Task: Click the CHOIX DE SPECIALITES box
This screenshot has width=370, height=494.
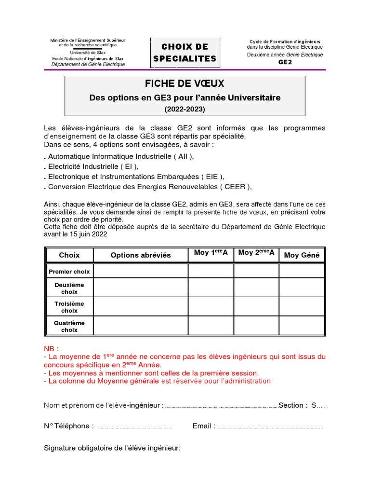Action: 185,53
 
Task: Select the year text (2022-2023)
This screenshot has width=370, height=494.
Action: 185,109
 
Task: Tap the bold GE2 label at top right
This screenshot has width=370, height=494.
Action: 285,62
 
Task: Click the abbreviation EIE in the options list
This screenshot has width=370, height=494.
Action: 211,177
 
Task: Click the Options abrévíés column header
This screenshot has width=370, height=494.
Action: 141,255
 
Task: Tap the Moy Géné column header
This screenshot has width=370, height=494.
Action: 302,255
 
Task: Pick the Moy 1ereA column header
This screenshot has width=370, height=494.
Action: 211,253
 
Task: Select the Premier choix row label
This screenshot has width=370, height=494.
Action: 69,272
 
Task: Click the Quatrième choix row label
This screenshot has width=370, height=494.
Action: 69,327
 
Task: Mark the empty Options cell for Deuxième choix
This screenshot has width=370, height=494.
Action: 141,288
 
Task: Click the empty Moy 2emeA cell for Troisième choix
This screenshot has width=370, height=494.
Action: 256,307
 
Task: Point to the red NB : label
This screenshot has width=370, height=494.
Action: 51,348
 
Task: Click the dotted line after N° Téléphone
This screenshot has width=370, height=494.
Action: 135,427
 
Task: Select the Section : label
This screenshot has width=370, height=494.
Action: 293,405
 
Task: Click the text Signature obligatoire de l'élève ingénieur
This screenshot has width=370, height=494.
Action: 112,448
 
